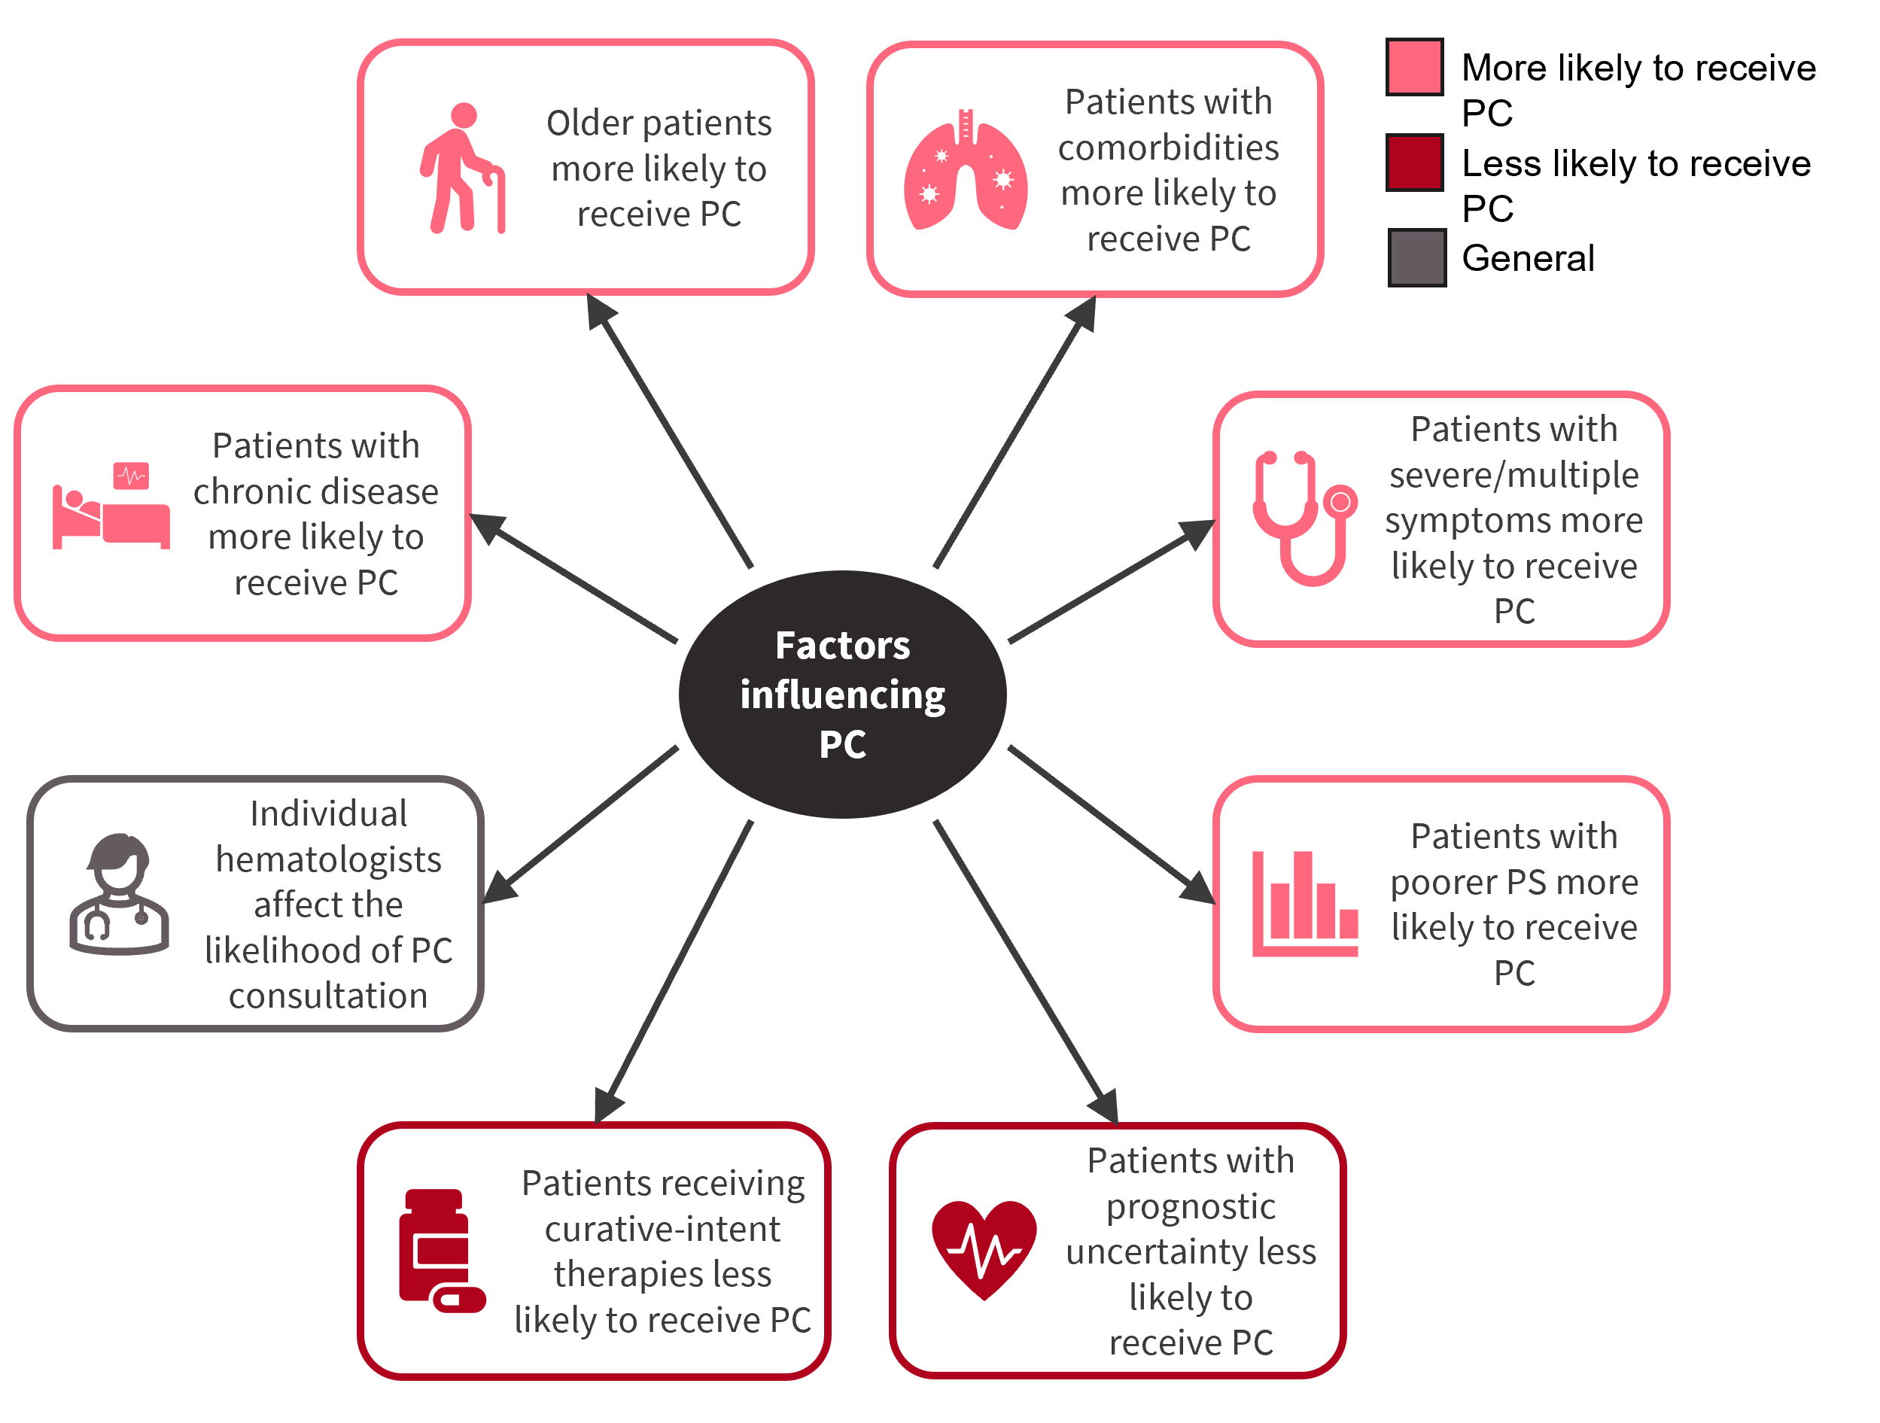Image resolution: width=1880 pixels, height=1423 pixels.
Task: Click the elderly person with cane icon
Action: coord(462,169)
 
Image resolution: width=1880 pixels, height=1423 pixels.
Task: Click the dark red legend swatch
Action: coord(1414,163)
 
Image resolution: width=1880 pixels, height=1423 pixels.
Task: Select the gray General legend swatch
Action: coord(1417,257)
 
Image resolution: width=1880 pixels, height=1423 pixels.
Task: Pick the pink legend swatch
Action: coord(1414,67)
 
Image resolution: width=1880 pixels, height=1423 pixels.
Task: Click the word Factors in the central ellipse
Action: coord(842,646)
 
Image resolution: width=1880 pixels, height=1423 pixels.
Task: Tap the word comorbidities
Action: coord(1168,148)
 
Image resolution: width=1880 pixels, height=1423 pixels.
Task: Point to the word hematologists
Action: coord(328,859)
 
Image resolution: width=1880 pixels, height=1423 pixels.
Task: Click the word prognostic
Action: coord(1190,1206)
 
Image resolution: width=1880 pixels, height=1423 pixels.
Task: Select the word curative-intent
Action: coord(662,1229)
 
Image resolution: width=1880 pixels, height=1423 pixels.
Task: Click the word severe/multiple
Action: coord(1513,475)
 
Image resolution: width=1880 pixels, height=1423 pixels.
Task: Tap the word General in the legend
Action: coord(1527,258)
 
